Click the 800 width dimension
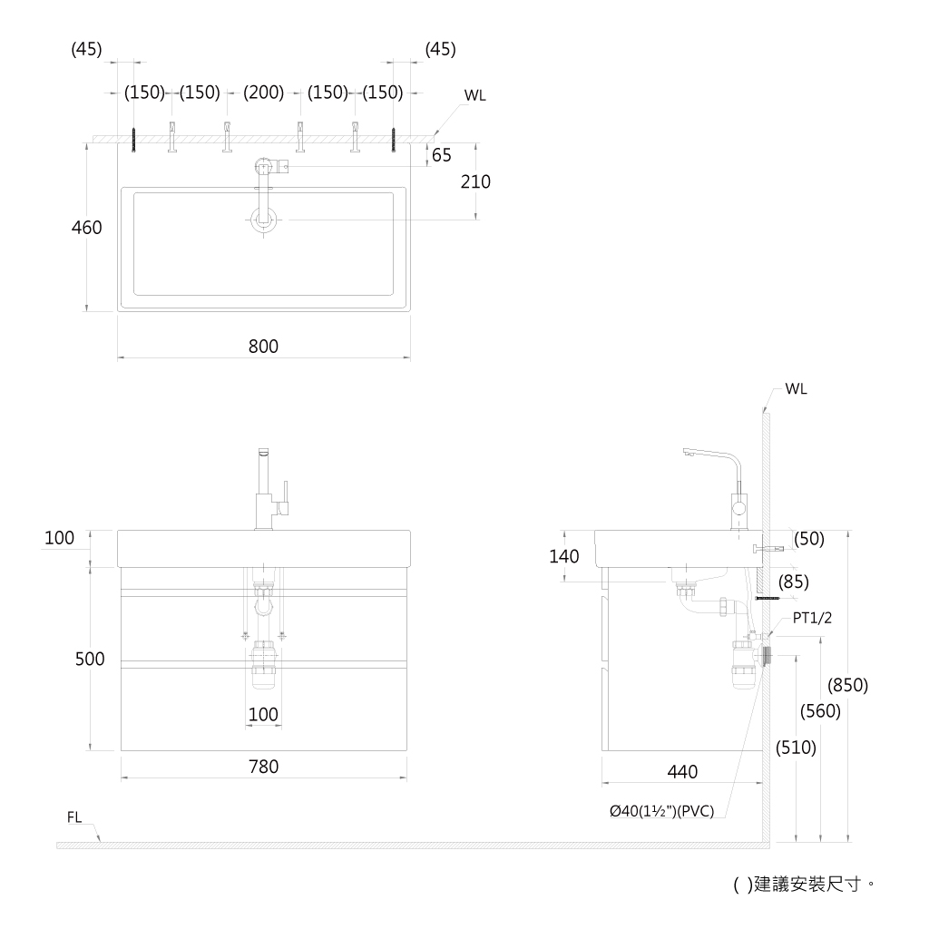point(263,346)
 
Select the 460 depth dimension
point(86,228)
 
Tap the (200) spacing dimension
point(264,93)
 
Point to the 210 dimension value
point(475,181)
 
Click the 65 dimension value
point(442,155)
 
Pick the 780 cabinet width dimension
point(263,767)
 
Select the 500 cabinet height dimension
point(90,659)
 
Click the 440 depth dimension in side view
point(682,771)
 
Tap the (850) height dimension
point(848,685)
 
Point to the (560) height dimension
point(820,710)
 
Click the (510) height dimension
point(796,748)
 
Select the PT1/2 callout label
point(812,618)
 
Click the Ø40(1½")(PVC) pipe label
point(661,810)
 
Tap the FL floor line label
point(74,817)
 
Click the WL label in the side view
point(796,389)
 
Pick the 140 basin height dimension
point(563,556)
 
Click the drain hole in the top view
point(264,220)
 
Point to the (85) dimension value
point(793,582)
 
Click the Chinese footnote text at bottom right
point(804,885)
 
